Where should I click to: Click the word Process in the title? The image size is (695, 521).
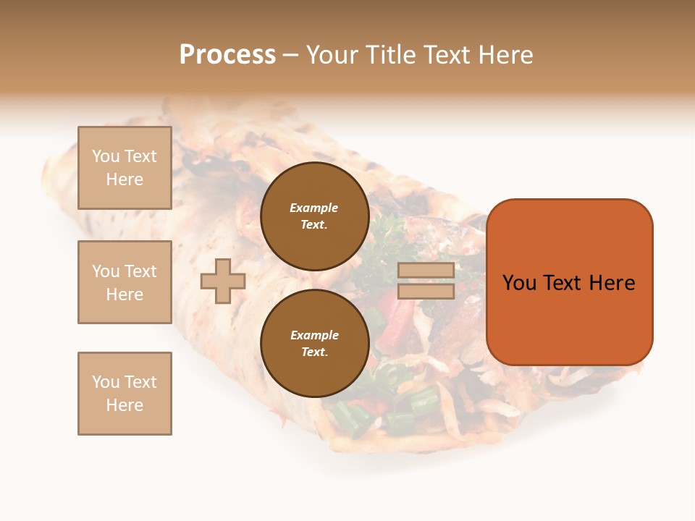[x=227, y=55]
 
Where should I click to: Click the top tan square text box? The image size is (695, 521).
[x=125, y=168]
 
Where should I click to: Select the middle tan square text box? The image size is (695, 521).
[x=125, y=282]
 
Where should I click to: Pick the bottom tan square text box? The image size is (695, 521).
[x=125, y=394]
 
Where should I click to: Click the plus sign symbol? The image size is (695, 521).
[x=223, y=281]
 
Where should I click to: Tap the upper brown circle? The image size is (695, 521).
[x=315, y=216]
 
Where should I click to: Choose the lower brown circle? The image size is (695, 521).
[x=315, y=344]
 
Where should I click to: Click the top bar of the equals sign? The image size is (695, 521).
[x=426, y=270]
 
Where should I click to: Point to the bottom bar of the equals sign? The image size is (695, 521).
[x=426, y=291]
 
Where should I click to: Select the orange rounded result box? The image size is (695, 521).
[x=569, y=282]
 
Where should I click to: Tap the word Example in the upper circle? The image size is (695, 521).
[x=313, y=208]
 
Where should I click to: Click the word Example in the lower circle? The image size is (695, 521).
[x=314, y=335]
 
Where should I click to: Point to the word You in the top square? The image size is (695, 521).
[x=106, y=156]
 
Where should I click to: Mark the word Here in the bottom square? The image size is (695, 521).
[x=125, y=405]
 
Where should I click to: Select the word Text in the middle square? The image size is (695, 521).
[x=140, y=271]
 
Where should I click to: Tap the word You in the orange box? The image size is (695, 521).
[x=519, y=283]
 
